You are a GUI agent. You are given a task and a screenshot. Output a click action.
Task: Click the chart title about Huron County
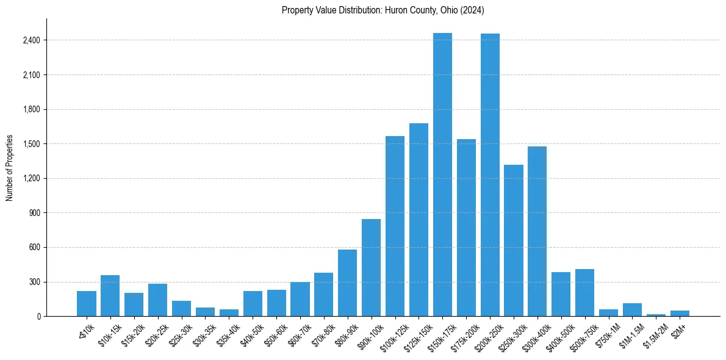point(383,10)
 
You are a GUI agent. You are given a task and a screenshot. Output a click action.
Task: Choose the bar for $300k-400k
point(537,231)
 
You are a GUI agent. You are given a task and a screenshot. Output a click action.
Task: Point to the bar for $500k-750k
point(585,292)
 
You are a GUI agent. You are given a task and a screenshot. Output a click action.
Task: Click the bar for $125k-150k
point(419,220)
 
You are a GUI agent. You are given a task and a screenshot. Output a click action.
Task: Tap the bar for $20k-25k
point(158,300)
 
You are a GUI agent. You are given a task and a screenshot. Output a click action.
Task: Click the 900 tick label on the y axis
point(34,213)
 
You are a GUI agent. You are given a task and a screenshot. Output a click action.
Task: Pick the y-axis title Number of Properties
point(10,167)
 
